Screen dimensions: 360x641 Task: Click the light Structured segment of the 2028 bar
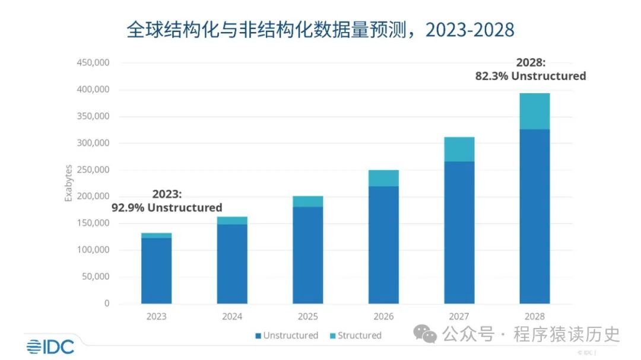tap(534, 111)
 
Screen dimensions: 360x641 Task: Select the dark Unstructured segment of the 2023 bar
tap(156, 270)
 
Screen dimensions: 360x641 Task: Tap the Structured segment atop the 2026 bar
tap(383, 178)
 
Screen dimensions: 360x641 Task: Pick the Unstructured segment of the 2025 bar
tap(307, 255)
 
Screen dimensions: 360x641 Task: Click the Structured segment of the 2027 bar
tap(459, 149)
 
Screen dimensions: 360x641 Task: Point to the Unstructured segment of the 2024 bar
tap(232, 264)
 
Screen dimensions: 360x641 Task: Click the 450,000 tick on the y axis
tap(93, 63)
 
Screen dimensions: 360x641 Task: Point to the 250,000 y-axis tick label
tap(93, 170)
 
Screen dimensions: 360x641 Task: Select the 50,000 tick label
tap(96, 276)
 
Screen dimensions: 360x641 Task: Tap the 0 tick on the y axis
tap(107, 304)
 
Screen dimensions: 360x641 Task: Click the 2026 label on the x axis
tap(383, 316)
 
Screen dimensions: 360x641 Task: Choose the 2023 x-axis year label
tap(156, 316)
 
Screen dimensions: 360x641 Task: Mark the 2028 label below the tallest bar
tap(534, 316)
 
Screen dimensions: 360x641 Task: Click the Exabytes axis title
tap(68, 183)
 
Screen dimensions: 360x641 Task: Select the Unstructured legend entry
tap(287, 336)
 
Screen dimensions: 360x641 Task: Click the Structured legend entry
tap(355, 336)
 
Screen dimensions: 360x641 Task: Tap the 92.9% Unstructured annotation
tap(167, 201)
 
